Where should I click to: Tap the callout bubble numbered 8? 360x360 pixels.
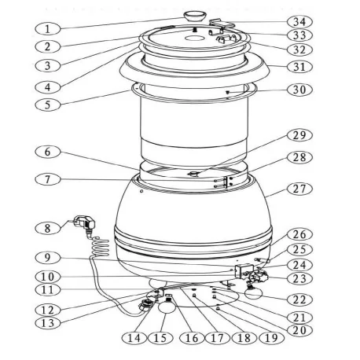click(48, 228)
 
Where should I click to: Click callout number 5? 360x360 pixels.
click(48, 102)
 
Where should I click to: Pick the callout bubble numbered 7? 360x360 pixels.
click(48, 181)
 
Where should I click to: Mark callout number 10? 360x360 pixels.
click(48, 276)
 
